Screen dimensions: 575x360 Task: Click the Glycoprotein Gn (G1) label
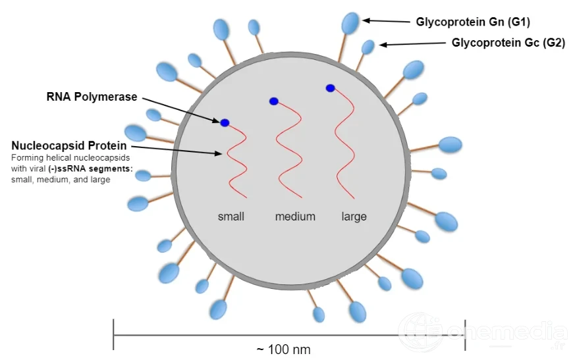click(473, 22)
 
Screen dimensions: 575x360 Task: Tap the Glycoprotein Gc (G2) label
click(508, 43)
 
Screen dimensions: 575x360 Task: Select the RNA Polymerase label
click(92, 97)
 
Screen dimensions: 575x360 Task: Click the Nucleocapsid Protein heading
click(69, 145)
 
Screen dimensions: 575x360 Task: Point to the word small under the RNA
click(231, 217)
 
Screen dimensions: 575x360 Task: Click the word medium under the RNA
click(295, 217)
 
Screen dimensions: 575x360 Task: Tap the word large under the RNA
click(354, 217)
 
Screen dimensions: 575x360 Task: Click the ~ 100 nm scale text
click(283, 349)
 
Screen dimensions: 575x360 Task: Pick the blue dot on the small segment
click(225, 123)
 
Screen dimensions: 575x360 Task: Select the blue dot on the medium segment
click(273, 101)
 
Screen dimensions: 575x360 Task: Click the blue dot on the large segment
click(331, 88)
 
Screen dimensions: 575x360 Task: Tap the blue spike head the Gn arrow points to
click(350, 23)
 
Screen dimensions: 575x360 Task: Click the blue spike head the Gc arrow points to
click(368, 47)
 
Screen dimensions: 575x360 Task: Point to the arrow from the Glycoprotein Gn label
click(386, 21)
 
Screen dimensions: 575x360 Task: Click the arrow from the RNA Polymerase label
click(180, 110)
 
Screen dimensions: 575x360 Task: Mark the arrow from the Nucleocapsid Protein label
click(177, 150)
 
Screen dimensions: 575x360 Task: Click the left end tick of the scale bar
click(114, 334)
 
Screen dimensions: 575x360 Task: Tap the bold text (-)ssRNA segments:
click(91, 168)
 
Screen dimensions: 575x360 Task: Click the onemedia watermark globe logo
click(422, 332)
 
